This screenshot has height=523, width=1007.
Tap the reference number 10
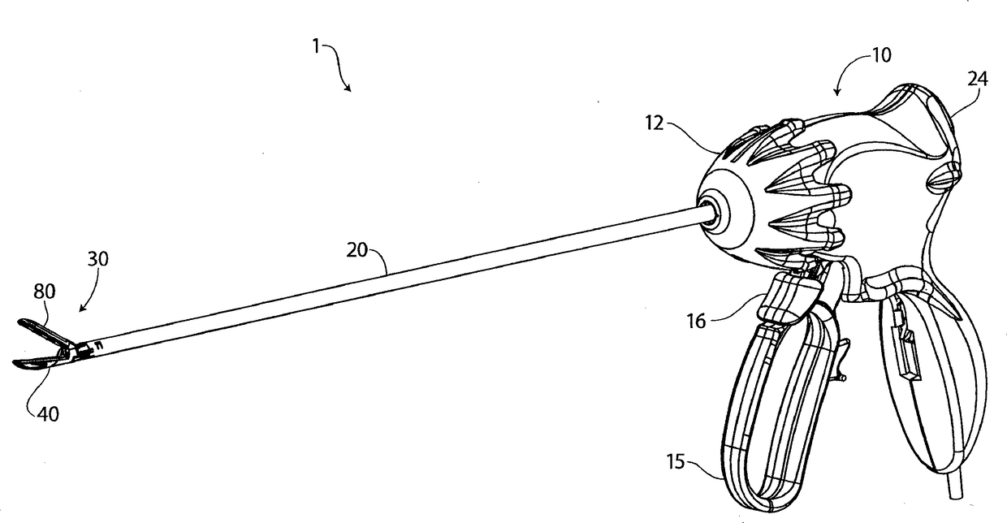(x=880, y=55)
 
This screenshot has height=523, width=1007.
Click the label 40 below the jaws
(x=50, y=413)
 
